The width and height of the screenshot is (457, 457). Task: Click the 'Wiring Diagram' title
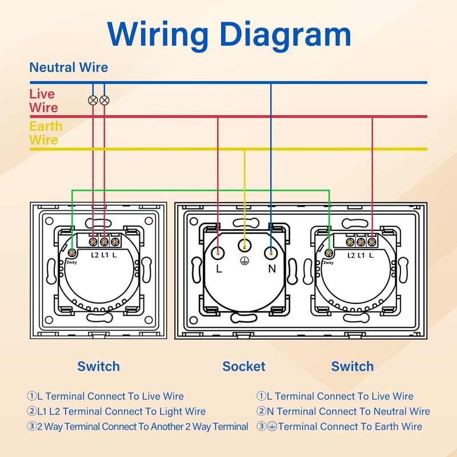point(229,34)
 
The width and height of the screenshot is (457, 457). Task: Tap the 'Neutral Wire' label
point(69,67)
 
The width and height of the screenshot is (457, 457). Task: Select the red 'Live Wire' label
point(44,101)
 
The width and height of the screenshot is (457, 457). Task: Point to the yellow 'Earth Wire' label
point(46,133)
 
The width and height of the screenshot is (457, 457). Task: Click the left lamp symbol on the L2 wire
point(93,101)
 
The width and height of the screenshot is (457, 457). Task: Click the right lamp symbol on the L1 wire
point(105,101)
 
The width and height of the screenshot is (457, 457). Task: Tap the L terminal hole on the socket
point(218,252)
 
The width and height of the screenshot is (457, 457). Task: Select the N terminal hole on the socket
point(271,252)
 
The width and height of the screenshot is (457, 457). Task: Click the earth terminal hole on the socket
point(244,246)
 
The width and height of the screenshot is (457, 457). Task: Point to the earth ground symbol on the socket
point(244,261)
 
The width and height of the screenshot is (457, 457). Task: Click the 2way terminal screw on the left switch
point(72,252)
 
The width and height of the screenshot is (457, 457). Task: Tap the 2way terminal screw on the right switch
point(329,252)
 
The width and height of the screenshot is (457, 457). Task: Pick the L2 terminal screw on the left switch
point(93,241)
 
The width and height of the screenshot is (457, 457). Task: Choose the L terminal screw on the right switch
point(371,242)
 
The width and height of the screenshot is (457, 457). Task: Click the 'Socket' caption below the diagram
point(244,366)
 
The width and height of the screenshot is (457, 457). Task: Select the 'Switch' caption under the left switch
point(98,366)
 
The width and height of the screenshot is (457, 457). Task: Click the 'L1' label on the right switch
point(361,255)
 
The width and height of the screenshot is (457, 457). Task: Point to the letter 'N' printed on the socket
point(272,268)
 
